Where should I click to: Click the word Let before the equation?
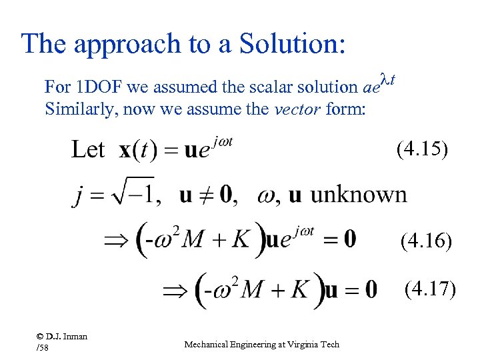[x=87, y=149]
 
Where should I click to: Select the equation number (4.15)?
[x=422, y=149]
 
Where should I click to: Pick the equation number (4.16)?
[x=426, y=241]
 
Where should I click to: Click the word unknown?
[x=358, y=194]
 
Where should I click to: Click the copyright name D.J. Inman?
[x=67, y=336]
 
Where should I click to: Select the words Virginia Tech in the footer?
[x=315, y=344]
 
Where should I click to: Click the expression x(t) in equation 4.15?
[x=139, y=150]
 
